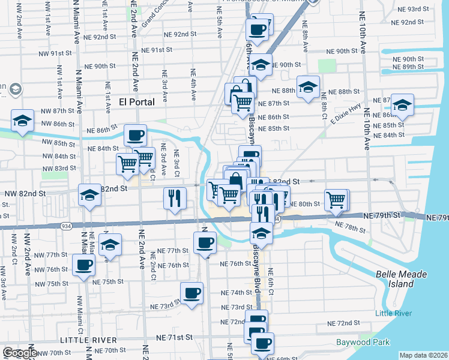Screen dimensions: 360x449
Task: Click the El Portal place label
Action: click(137, 101)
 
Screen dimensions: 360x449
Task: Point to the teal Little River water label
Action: click(394, 314)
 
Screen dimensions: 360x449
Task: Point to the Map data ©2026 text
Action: click(423, 355)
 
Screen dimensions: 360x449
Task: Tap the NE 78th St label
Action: click(351, 226)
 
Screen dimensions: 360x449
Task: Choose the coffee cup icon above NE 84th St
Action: click(136, 134)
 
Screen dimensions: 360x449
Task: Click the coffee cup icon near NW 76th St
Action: click(83, 264)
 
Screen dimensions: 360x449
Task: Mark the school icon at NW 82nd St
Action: click(89, 195)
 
